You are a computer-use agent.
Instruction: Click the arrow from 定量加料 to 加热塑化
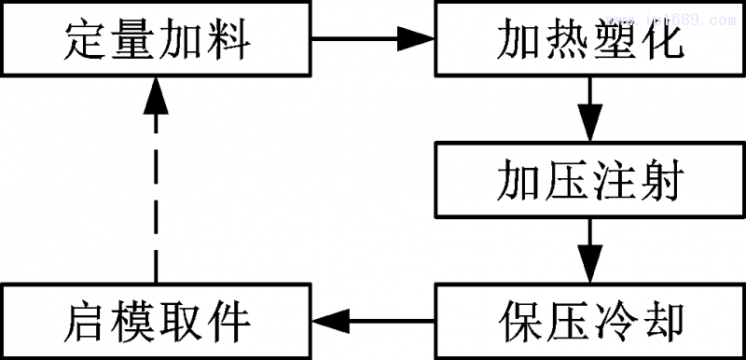tap(372, 39)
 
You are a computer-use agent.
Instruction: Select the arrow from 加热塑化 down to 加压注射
tap(588, 106)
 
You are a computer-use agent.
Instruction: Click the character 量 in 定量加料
tap(131, 43)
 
